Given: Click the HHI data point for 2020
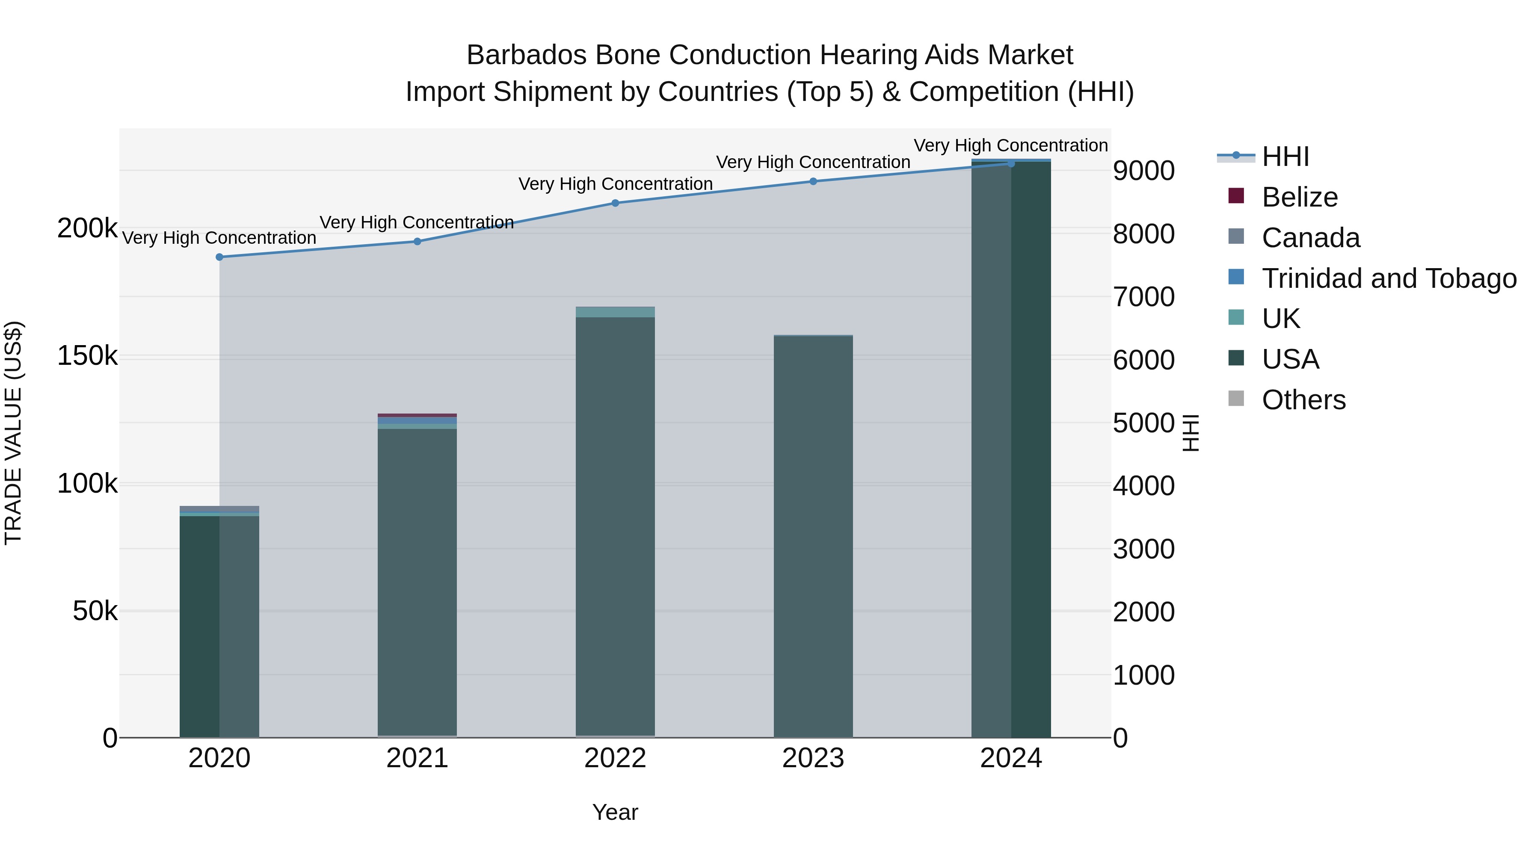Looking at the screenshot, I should coord(219,257).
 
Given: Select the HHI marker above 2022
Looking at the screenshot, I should coord(615,203).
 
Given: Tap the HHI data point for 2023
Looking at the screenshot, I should coord(813,181).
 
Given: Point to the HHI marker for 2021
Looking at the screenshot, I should coord(417,242).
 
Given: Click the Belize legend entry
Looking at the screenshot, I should coord(1300,197).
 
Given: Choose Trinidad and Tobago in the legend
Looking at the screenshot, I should coord(1389,278).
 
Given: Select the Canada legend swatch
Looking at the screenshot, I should coord(1236,236).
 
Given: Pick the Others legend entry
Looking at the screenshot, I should coord(1303,400).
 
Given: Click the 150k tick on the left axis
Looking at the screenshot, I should coord(87,356).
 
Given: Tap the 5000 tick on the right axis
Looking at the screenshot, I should coord(1143,423).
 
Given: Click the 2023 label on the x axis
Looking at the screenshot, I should coord(813,758).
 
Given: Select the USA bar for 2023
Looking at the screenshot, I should coord(813,538).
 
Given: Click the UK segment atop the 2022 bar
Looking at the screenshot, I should coord(615,312).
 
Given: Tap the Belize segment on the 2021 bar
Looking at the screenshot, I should coord(417,415).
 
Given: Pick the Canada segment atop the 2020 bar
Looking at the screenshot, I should coord(219,509).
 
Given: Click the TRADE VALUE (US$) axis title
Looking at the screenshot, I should coord(14,433).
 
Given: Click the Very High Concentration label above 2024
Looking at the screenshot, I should coord(1010,146).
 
